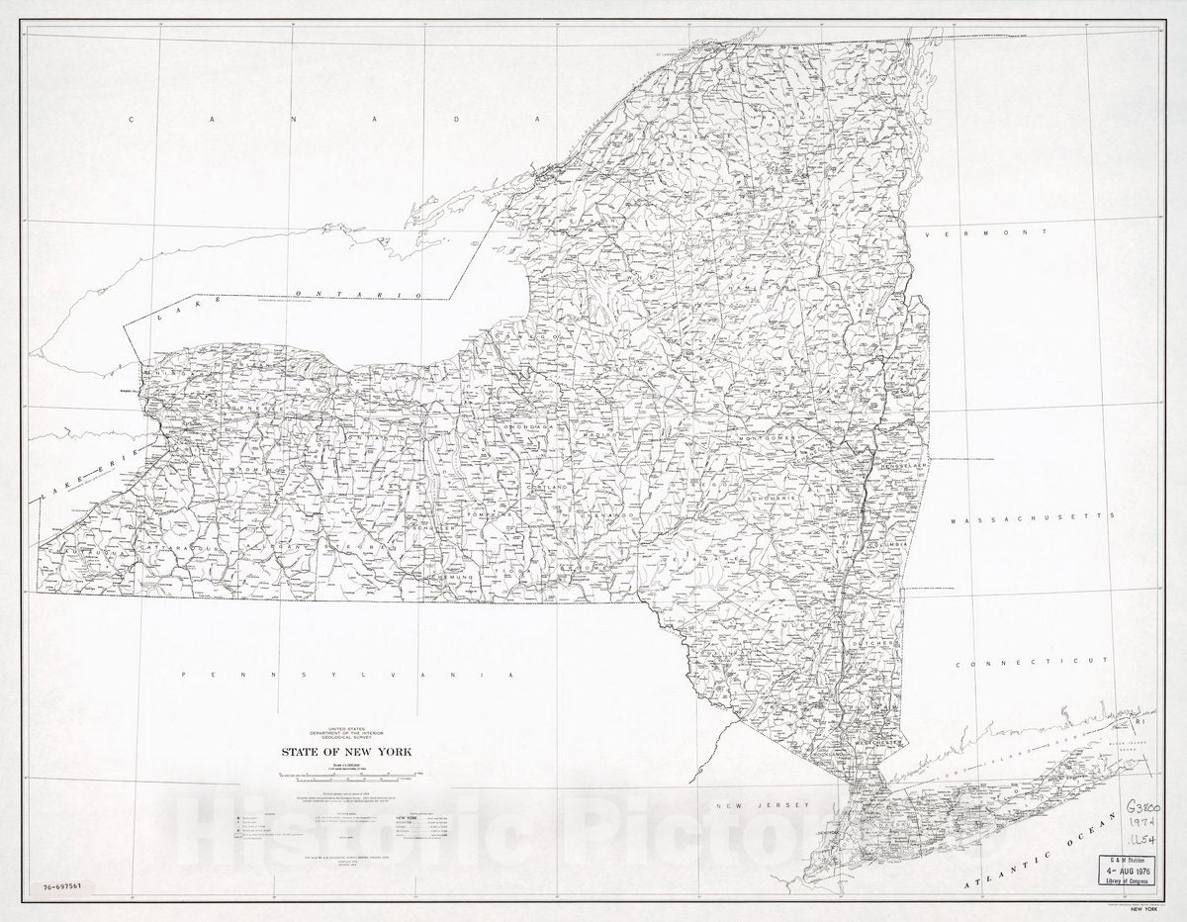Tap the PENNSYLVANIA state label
pos(347,673)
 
